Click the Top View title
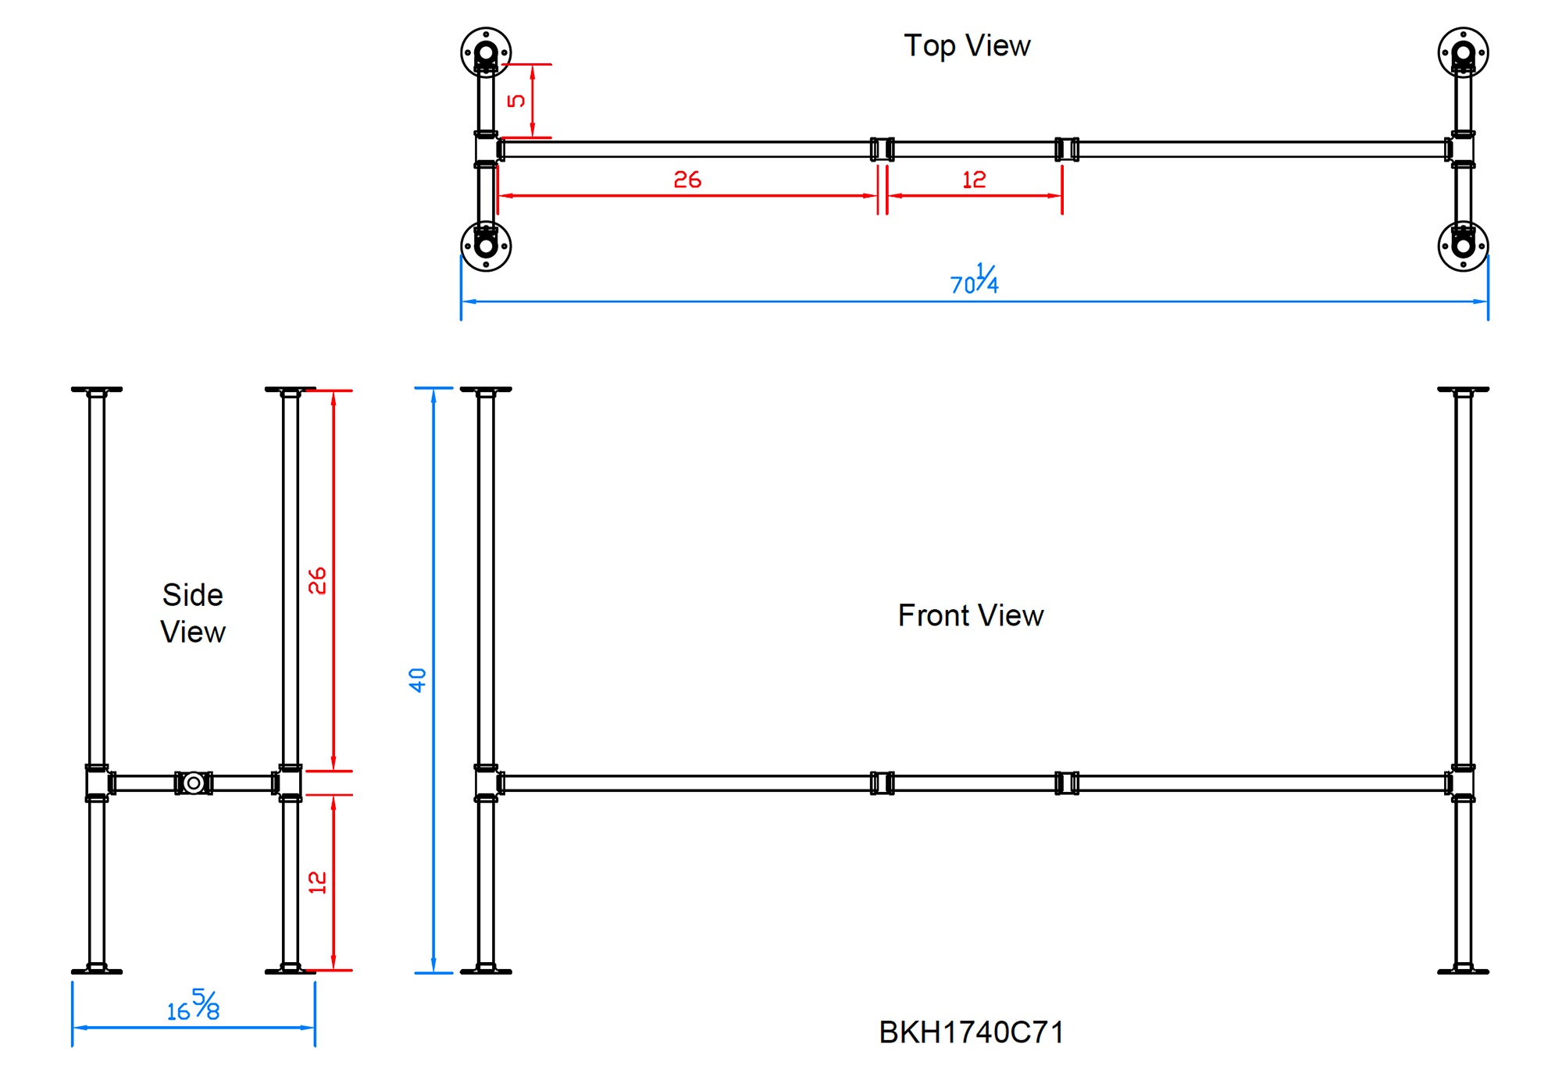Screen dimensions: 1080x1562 point(966,45)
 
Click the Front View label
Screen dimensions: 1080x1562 point(970,615)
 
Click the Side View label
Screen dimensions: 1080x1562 point(193,613)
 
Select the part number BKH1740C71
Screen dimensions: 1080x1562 point(971,1032)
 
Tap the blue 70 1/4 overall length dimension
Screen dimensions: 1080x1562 point(974,280)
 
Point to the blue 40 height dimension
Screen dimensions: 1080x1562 point(418,679)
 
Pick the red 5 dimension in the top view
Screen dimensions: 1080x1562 point(516,101)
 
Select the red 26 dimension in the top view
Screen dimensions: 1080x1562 point(687,180)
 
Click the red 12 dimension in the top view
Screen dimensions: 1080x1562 point(974,180)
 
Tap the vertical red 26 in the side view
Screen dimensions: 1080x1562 point(317,581)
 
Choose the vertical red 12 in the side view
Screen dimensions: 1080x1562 point(317,882)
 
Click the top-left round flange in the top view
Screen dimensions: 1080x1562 point(486,53)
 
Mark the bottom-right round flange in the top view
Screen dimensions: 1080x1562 point(1463,246)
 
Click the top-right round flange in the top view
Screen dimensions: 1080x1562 point(1463,53)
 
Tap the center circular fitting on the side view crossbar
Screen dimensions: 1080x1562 point(194,782)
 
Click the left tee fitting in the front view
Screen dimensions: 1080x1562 point(487,782)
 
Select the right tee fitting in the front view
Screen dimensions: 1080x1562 point(1463,782)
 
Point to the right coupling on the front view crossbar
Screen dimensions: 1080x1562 point(1067,782)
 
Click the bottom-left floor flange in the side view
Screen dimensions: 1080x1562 point(97,971)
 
